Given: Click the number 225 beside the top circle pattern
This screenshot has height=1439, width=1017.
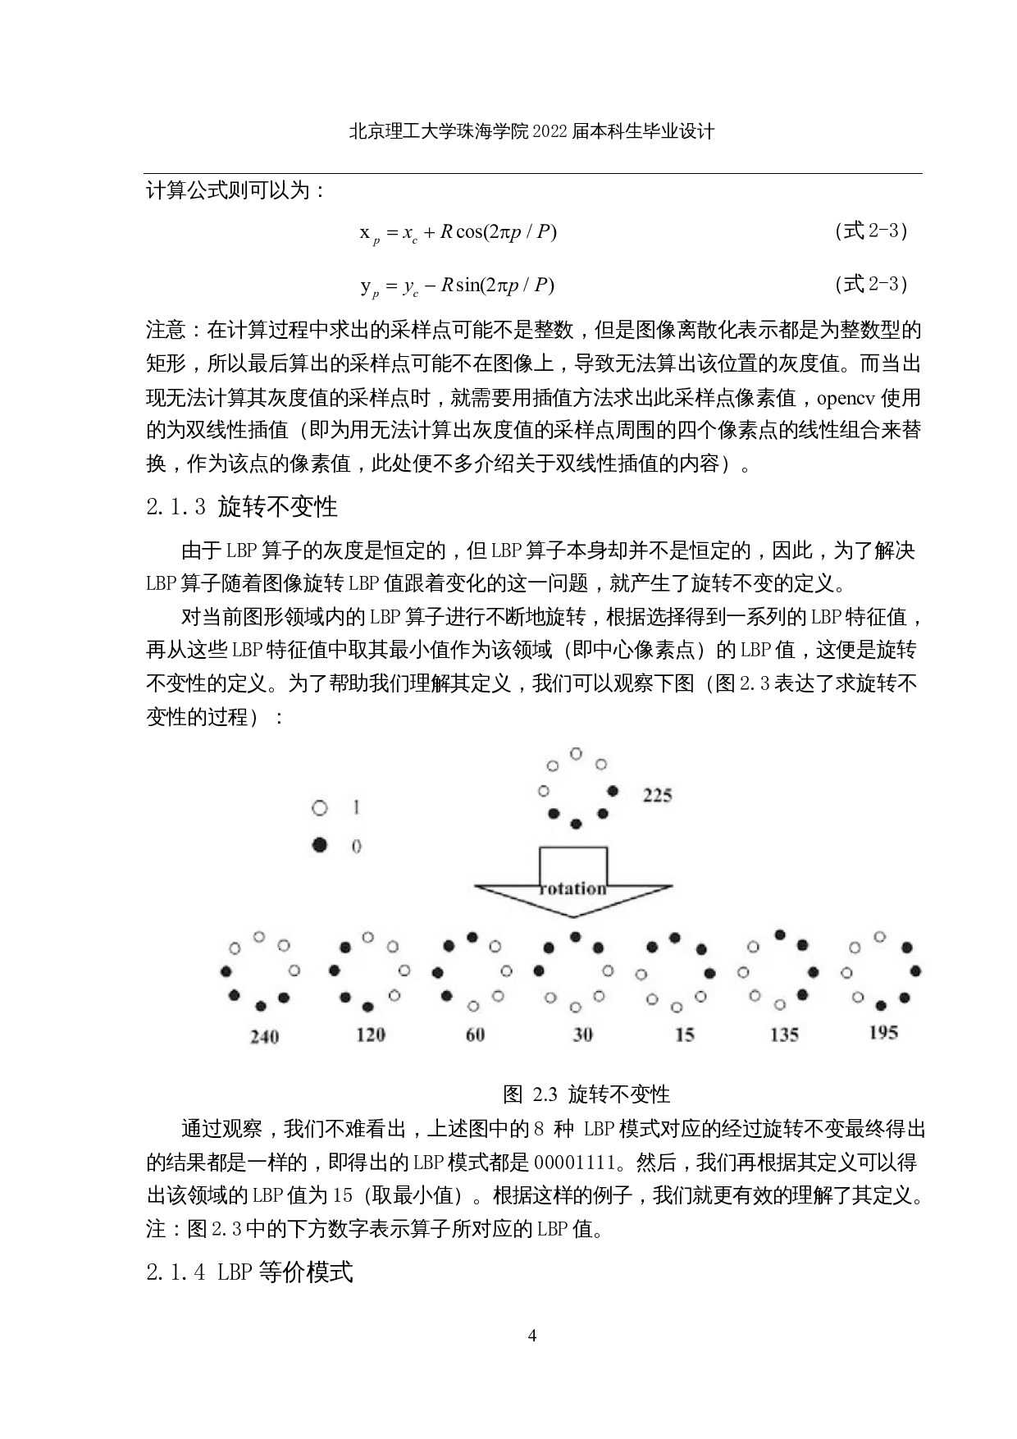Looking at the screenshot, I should tap(657, 794).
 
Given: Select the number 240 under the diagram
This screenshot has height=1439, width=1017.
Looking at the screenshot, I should tap(264, 1037).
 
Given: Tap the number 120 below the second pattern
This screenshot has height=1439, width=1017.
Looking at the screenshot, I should tap(371, 1035).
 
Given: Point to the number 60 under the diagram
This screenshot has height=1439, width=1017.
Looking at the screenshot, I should tap(476, 1035).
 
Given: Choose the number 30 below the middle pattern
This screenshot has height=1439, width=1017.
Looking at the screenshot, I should tap(582, 1035).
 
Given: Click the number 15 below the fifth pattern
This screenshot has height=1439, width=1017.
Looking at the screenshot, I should tap(684, 1035).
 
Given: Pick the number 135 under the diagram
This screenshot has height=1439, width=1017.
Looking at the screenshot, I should tap(784, 1035).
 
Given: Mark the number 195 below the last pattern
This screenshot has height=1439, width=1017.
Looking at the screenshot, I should tap(883, 1032).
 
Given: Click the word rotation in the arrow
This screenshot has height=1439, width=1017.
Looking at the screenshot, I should tap(572, 889).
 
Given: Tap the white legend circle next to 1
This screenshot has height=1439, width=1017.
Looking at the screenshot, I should tap(320, 808).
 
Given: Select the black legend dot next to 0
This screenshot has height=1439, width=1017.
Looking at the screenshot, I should tap(320, 844).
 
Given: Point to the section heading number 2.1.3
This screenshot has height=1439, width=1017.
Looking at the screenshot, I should tap(175, 507).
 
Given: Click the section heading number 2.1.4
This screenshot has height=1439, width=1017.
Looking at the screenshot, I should tap(175, 1272).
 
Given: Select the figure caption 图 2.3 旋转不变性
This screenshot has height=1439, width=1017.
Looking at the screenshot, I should tap(586, 1094).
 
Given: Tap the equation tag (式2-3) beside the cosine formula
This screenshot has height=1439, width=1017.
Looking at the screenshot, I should tap(870, 231).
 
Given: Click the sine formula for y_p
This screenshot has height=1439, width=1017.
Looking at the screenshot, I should tap(457, 286).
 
